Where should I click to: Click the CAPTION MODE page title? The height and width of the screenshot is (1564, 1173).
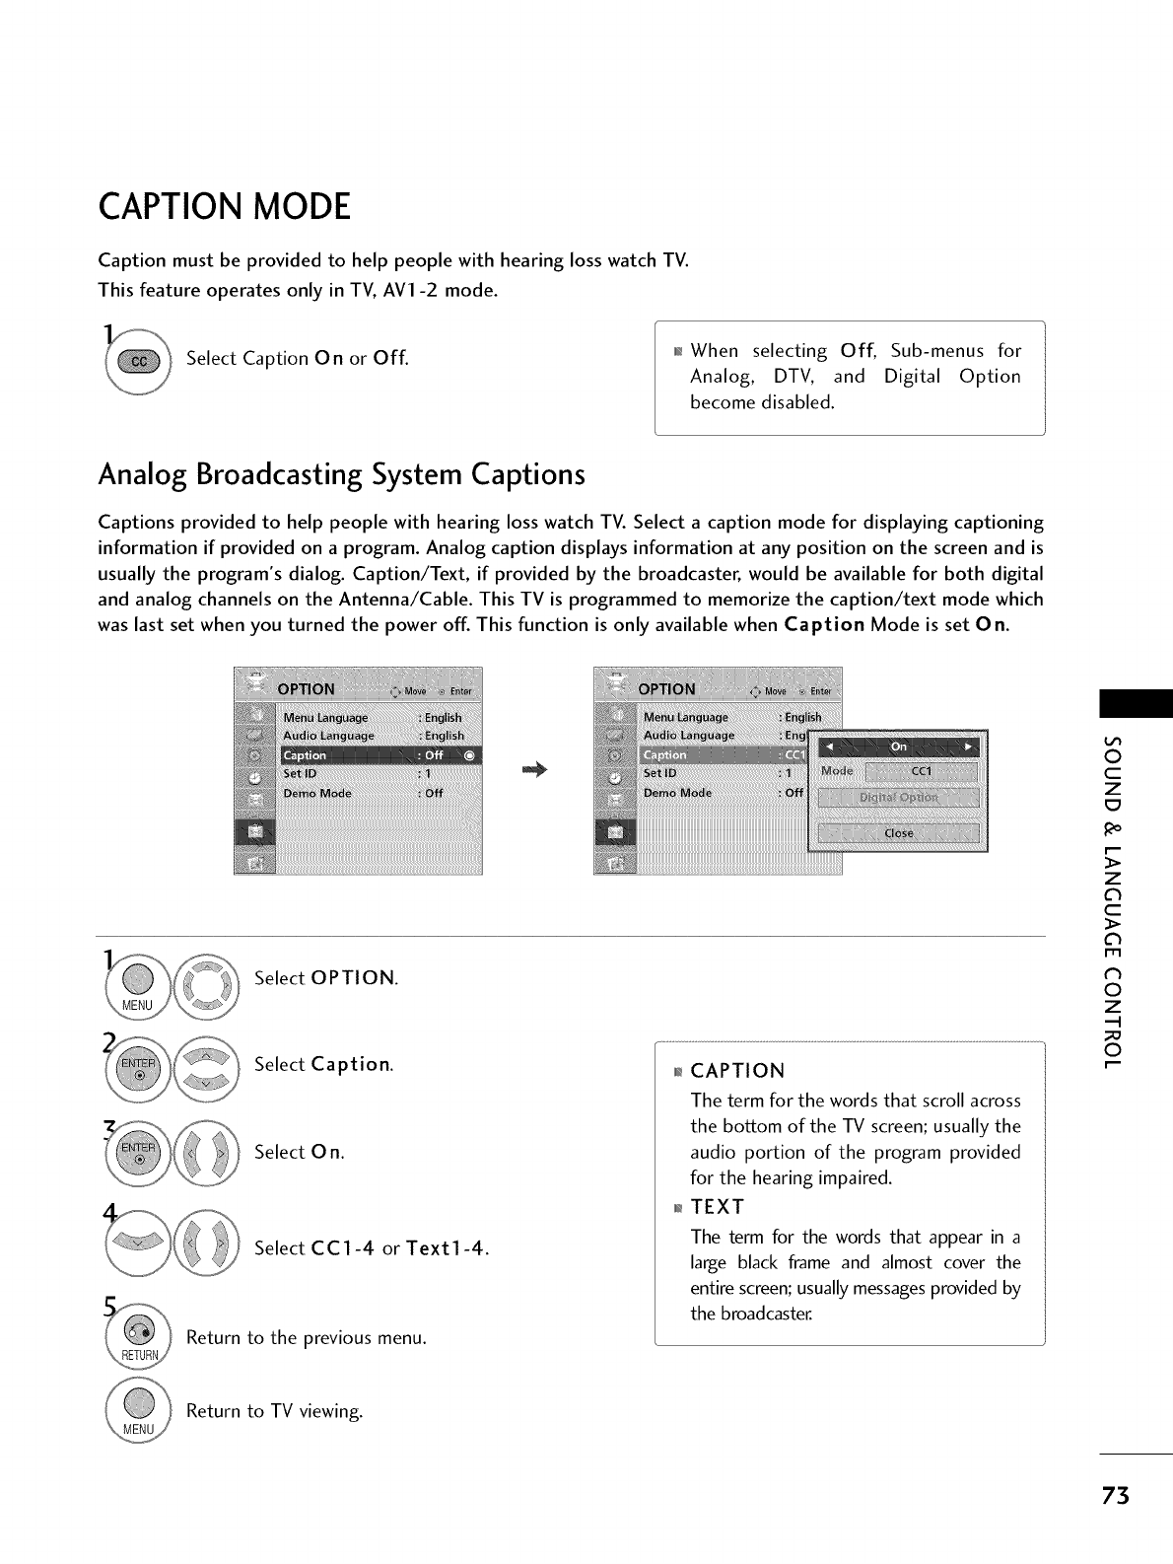pyautogui.click(x=225, y=208)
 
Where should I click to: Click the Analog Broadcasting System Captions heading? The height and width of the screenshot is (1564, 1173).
pyautogui.click(x=341, y=474)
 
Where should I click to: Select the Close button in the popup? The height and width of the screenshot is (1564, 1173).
pyautogui.click(x=897, y=833)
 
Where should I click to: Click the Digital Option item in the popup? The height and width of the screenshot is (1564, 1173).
pyautogui.click(x=897, y=798)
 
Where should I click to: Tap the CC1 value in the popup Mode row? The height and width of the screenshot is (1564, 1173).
pyautogui.click(x=921, y=771)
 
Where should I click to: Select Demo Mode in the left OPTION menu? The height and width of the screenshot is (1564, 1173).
pyautogui.click(x=317, y=793)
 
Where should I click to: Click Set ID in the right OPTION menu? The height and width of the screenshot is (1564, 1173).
pyautogui.click(x=660, y=773)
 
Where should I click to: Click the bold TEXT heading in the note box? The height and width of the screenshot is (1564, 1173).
pyautogui.click(x=718, y=1207)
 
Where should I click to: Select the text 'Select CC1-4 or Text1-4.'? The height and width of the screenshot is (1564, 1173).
pyautogui.click(x=372, y=1247)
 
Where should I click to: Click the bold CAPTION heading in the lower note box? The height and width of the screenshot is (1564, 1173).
pyautogui.click(x=737, y=1071)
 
